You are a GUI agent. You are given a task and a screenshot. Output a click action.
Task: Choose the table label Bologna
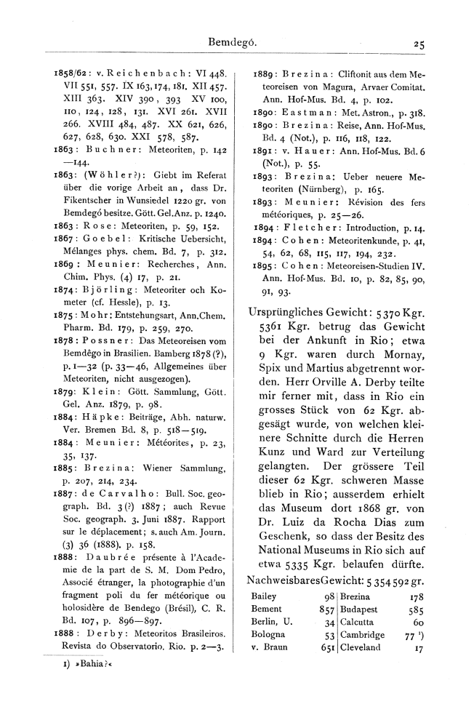(268, 635)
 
